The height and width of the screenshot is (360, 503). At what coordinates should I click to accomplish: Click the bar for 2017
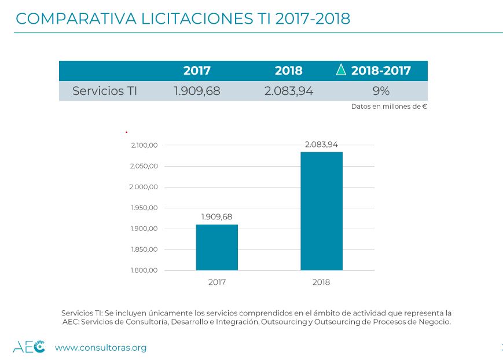click(216, 247)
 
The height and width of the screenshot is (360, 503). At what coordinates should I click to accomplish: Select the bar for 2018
click(321, 211)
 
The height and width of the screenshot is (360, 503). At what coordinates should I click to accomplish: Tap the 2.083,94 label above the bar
click(321, 145)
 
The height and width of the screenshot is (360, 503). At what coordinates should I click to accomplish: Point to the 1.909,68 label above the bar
click(216, 217)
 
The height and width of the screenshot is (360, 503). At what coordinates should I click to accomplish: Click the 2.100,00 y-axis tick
click(144, 145)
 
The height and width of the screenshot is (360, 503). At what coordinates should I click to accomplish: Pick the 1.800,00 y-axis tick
click(144, 270)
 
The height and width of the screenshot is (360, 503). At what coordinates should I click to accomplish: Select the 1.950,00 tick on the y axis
click(144, 208)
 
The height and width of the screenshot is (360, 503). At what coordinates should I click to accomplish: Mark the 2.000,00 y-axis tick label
click(144, 187)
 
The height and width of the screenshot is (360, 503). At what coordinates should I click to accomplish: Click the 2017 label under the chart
click(216, 282)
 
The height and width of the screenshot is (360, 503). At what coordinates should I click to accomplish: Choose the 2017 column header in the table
click(197, 71)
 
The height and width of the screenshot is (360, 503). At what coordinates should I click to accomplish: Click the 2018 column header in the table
click(288, 71)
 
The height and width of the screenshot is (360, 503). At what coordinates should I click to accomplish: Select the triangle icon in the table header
click(341, 70)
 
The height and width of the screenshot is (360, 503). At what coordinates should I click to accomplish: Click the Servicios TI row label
click(104, 91)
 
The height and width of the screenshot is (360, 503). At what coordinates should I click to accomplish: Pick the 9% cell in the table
click(381, 91)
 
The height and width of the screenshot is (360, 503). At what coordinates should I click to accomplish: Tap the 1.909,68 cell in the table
click(197, 91)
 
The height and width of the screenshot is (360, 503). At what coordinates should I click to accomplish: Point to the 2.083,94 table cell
click(288, 91)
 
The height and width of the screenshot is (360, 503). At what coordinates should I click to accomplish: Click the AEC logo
click(29, 347)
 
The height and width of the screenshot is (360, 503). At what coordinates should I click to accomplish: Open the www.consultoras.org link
click(100, 348)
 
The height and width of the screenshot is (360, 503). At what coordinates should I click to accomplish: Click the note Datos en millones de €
click(389, 106)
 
